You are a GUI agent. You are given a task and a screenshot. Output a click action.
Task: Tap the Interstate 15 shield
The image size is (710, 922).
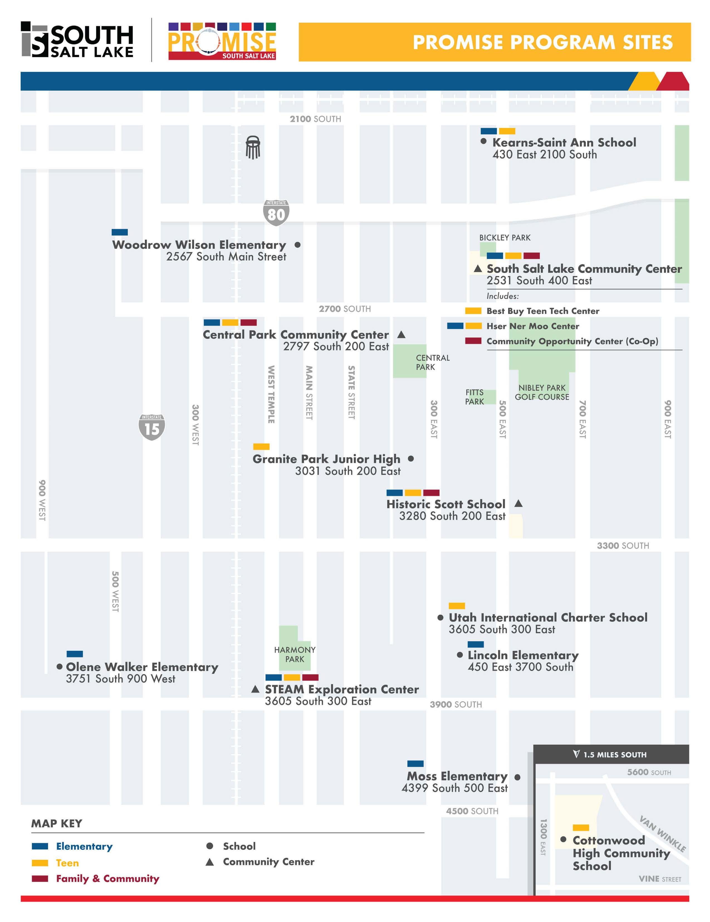(151, 427)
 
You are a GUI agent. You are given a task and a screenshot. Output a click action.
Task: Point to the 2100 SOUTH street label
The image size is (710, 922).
(315, 119)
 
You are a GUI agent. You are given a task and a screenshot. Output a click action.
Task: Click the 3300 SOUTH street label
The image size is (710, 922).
(623, 546)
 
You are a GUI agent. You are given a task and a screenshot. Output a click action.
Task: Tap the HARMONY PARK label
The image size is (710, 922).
(295, 654)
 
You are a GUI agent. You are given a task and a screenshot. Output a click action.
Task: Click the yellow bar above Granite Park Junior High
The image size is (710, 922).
(261, 447)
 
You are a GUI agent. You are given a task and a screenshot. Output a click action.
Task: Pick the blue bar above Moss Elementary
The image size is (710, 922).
(415, 764)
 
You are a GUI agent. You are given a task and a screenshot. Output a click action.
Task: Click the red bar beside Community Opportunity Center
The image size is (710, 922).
(473, 341)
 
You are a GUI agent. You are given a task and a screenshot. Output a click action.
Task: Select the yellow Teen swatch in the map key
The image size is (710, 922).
(40, 863)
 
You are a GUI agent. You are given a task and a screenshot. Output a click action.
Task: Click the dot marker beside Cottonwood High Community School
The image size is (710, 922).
(563, 839)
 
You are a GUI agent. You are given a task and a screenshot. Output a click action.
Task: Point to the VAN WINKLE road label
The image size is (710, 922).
(662, 834)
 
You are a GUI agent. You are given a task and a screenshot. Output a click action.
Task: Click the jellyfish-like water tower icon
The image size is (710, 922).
(253, 147)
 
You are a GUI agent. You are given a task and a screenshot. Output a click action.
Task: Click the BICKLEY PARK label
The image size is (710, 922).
(505, 238)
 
